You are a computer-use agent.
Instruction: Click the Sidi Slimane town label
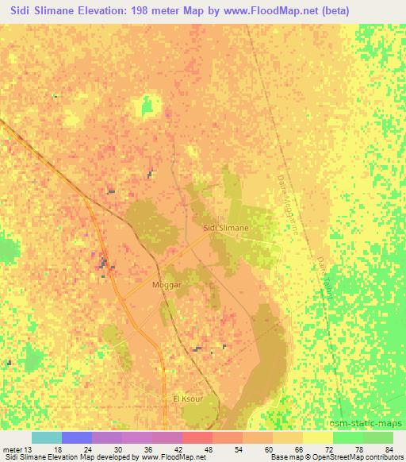tap(226, 228)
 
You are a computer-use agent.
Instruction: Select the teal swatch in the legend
tap(47, 438)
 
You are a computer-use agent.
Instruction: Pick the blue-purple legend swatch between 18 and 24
tap(77, 438)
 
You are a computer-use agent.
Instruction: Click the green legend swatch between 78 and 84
tap(377, 438)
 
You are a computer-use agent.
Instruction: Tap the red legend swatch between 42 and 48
tap(197, 438)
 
